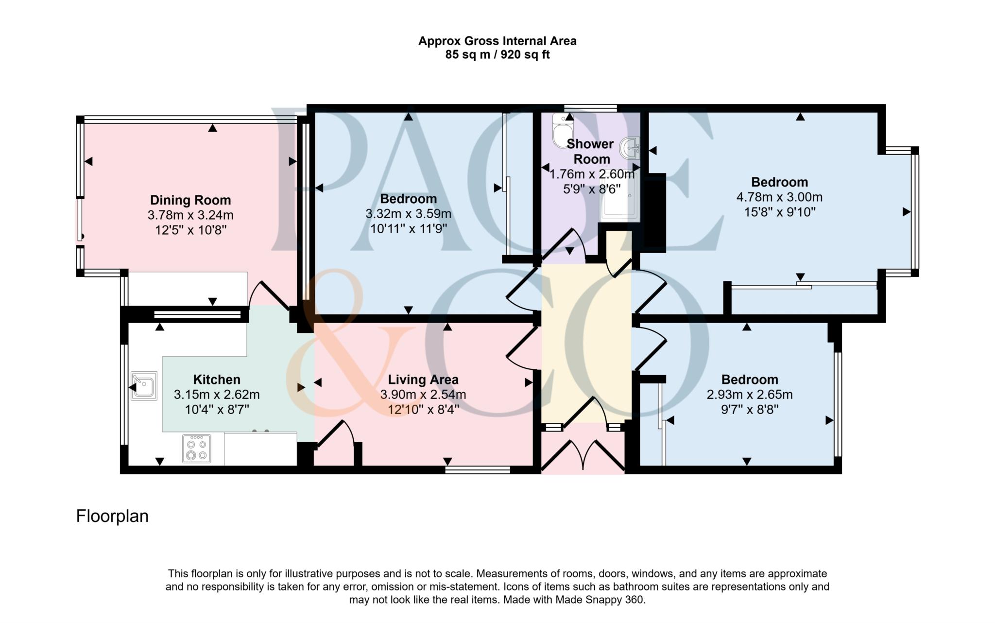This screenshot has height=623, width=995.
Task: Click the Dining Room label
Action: tap(190, 200)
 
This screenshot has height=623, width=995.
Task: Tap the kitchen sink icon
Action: tap(144, 386)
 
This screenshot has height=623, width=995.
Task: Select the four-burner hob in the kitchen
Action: tap(197, 449)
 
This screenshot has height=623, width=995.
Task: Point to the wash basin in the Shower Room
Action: tap(631, 148)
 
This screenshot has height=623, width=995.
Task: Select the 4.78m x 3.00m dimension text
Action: tap(779, 197)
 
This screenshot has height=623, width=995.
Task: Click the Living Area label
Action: tap(423, 379)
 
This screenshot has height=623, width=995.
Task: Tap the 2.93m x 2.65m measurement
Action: tap(749, 394)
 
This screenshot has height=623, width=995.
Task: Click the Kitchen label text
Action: tap(217, 379)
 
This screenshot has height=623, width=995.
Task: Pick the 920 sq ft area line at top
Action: tap(497, 54)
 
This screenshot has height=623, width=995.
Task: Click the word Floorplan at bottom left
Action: tap(112, 516)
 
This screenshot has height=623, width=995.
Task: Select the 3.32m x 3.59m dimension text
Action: tap(408, 213)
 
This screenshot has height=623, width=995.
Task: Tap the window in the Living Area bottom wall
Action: tap(478, 470)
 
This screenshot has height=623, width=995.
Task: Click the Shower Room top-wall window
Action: tap(590, 108)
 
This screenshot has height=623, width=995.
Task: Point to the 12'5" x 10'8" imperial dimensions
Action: tap(190, 230)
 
